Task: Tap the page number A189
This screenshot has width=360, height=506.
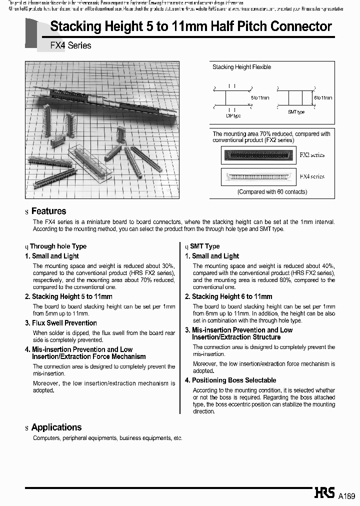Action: pyautogui.click(x=346, y=496)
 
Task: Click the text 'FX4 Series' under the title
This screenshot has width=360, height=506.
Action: pyautogui.click(x=70, y=45)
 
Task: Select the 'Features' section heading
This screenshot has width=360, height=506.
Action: pyautogui.click(x=48, y=211)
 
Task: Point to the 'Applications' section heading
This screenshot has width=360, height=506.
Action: pyautogui.click(x=56, y=427)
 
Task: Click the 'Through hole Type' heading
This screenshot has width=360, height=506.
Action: pyautogui.click(x=58, y=246)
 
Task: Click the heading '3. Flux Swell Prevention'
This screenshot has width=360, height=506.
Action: pyautogui.click(x=61, y=323)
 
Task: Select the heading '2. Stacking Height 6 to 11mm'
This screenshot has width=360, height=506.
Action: pyautogui.click(x=228, y=296)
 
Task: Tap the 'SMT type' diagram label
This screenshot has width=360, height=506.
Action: pyautogui.click(x=296, y=112)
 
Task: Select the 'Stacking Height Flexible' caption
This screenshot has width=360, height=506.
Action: pyautogui.click(x=242, y=67)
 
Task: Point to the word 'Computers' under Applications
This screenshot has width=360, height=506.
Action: pyautogui.click(x=46, y=438)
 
